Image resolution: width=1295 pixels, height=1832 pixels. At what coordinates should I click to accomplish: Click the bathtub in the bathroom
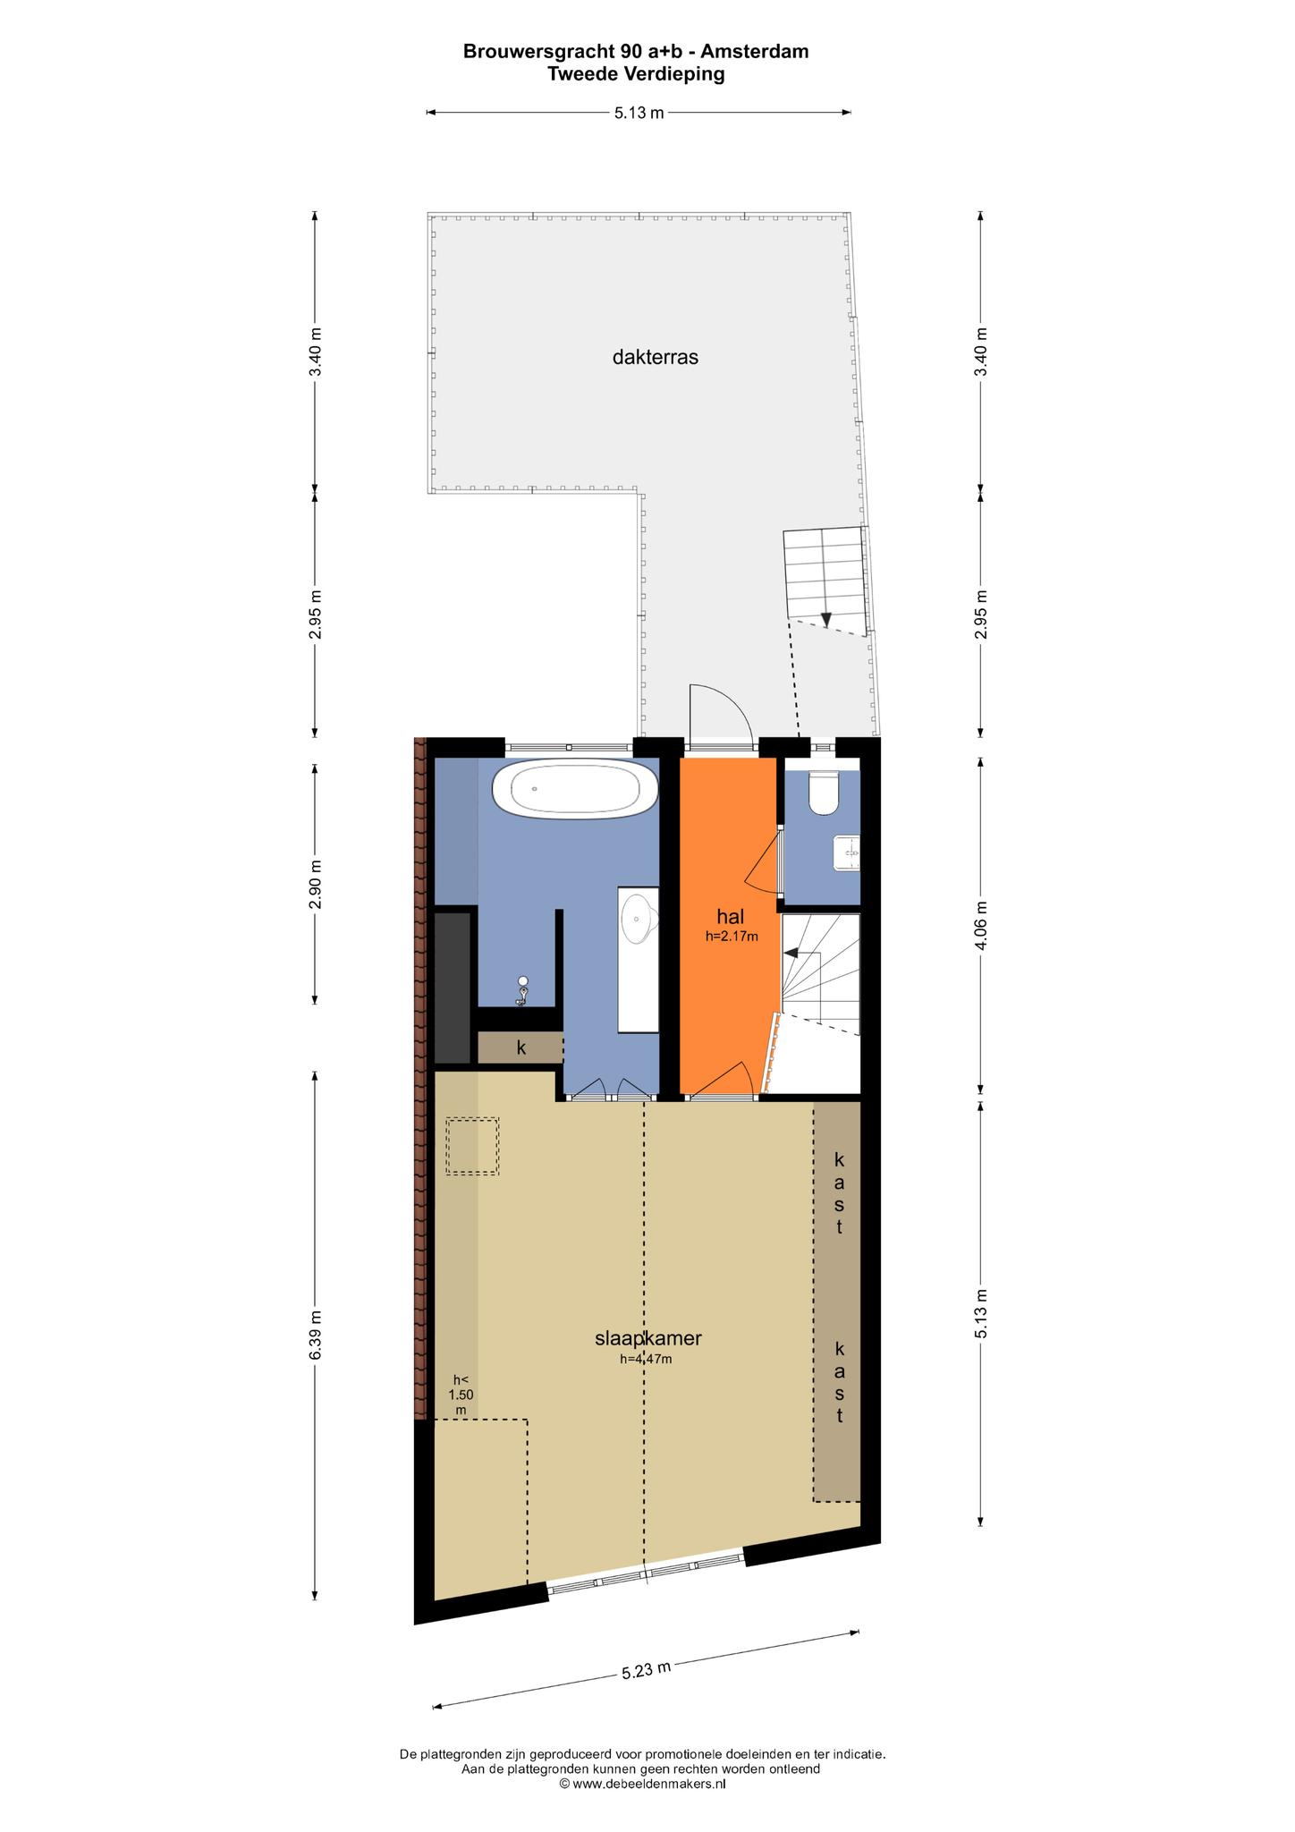coord(575,788)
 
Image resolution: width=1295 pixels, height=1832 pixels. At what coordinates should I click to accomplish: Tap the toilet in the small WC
coord(823,793)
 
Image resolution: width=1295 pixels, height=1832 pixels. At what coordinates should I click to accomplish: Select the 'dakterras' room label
coord(655,358)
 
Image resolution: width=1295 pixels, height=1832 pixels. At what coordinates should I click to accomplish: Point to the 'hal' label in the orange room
coord(731,917)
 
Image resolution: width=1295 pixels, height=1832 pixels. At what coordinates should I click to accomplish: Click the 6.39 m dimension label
coord(315,1336)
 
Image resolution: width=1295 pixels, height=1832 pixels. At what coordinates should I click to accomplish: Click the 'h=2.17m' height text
coord(732,937)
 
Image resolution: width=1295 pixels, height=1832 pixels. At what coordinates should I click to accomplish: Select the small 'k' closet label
coord(521,1047)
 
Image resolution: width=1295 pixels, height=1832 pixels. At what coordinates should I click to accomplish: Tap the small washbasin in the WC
coord(846,852)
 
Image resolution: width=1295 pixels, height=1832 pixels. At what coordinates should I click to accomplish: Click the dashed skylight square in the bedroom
coord(472,1146)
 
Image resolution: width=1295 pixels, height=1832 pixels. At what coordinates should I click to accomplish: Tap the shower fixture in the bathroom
coord(522,991)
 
